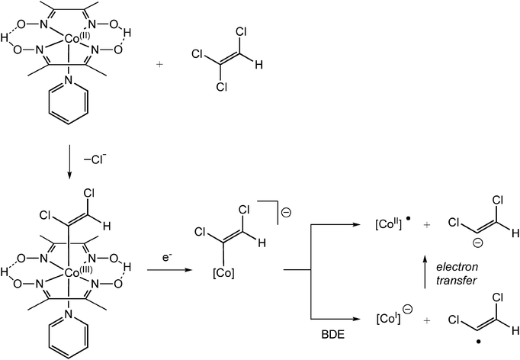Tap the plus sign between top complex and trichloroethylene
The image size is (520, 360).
(159, 65)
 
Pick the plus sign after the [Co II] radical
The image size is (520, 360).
(418, 227)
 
